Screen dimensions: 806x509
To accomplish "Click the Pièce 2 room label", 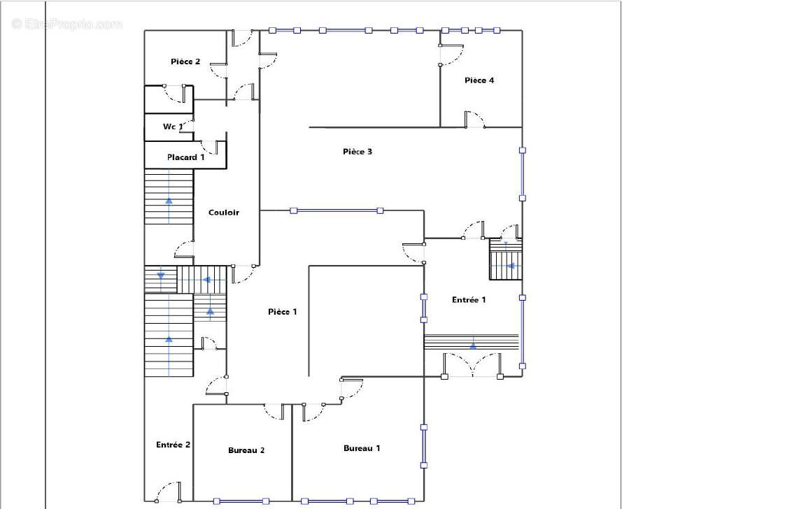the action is coord(185,62).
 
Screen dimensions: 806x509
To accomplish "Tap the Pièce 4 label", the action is coord(479,80).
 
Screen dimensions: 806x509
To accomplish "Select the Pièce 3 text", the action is coord(358,152).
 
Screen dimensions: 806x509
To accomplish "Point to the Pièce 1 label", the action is coord(282,312).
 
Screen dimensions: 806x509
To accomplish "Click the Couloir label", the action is coord(224,212).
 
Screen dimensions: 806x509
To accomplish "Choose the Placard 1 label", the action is coord(185,157).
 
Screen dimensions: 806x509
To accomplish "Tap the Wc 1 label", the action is coord(173,127).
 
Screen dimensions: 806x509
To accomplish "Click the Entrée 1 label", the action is coord(469,300).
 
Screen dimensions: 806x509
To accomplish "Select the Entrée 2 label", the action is coord(174,445).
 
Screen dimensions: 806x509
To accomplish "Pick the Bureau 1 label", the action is coord(362,448).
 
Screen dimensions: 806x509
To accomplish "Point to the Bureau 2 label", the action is coord(246,450).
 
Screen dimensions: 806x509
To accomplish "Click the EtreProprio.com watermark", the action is coord(67,24).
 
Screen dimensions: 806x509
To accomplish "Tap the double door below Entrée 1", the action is coord(472,365).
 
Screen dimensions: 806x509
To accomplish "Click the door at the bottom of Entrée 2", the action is coord(168,492).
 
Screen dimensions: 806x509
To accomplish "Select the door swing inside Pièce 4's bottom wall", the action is coord(474,120).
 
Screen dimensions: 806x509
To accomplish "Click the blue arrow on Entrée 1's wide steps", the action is coord(473,346).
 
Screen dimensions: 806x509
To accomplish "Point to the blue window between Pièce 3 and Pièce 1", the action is coord(337,210).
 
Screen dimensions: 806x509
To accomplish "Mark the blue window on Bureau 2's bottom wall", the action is coord(241,501).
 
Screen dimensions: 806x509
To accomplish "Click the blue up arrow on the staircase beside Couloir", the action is coord(169,200).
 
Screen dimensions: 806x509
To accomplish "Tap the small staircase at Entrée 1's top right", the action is coord(505,259).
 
